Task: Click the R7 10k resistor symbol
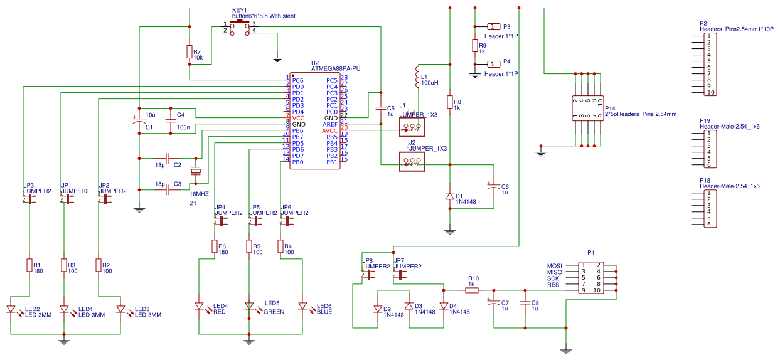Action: pyautogui.click(x=190, y=52)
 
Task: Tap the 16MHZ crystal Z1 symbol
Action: pyautogui.click(x=196, y=172)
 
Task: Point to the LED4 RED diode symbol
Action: pyautogui.click(x=200, y=307)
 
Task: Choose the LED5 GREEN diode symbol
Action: pyautogui.click(x=249, y=307)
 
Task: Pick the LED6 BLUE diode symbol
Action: pyautogui.click(x=302, y=307)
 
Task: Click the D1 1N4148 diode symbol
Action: pyautogui.click(x=449, y=196)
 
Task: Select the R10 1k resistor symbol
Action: pyautogui.click(x=472, y=290)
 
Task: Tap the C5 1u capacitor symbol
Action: pyautogui.click(x=380, y=109)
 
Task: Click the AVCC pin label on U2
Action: pyautogui.click(x=329, y=130)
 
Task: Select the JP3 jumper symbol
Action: pyautogui.click(x=29, y=199)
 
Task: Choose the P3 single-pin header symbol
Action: pyautogui.click(x=493, y=26)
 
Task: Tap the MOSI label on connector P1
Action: pyautogui.click(x=554, y=266)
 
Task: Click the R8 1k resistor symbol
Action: pyautogui.click(x=449, y=102)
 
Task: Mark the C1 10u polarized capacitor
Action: pyautogui.click(x=139, y=122)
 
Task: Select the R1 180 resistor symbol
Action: pyautogui.click(x=29, y=265)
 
